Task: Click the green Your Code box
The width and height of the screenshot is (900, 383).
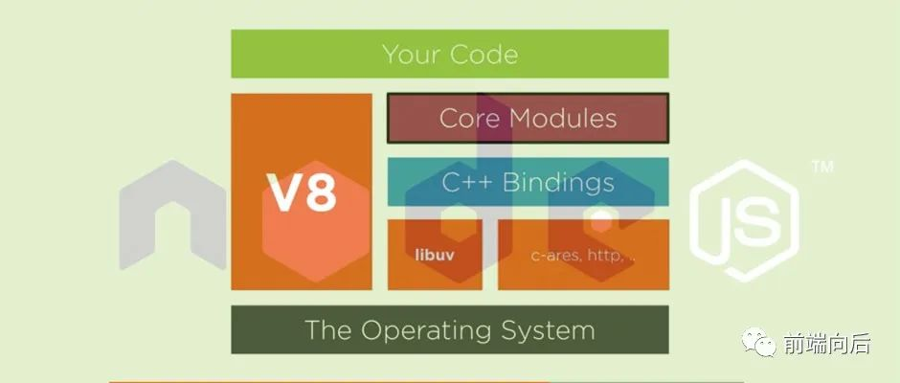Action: coord(449,54)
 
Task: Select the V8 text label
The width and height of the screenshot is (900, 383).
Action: coord(301,193)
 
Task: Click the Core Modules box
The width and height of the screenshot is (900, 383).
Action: coord(528,118)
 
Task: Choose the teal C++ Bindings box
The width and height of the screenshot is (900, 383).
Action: coord(528,181)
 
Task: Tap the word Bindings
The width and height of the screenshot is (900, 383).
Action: coord(560,182)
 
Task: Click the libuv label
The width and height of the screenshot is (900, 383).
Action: coord(434,256)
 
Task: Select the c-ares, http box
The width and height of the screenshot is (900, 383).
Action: coord(583,256)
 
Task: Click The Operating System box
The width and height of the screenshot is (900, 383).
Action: coord(449,330)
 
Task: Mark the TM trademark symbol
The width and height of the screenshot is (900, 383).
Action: coord(821,168)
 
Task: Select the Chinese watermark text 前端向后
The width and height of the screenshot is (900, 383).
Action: coord(825,344)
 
